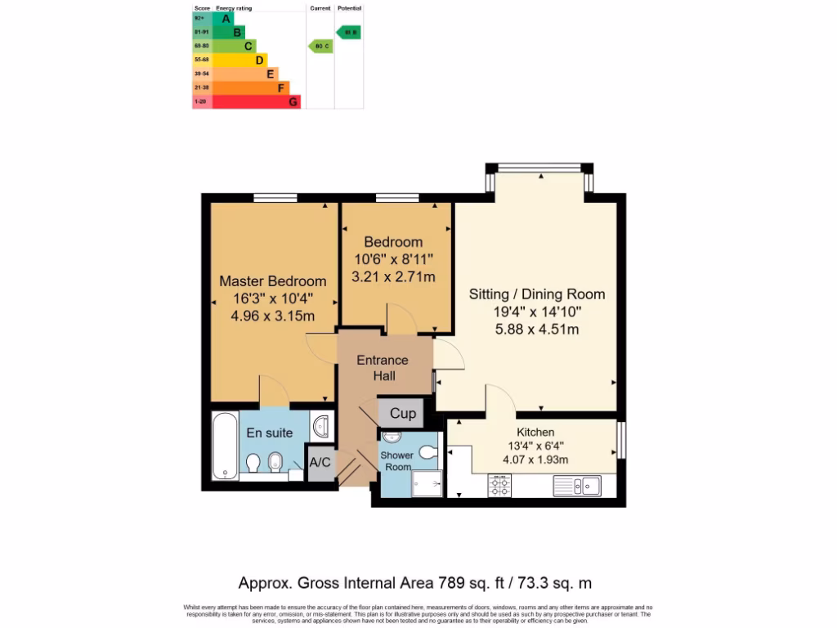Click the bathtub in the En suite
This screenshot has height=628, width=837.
(x=222, y=446)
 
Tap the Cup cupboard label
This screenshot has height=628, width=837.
(x=402, y=414)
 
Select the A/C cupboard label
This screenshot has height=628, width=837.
(x=320, y=463)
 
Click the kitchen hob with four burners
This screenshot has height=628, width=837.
(x=499, y=487)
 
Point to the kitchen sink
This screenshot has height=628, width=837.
(x=576, y=487)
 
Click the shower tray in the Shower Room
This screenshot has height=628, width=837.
(x=424, y=482)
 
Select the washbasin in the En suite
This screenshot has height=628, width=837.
(x=321, y=425)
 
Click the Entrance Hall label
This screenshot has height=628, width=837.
(x=383, y=368)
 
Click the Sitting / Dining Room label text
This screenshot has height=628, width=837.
(x=536, y=294)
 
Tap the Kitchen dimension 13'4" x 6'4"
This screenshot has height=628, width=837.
(x=535, y=446)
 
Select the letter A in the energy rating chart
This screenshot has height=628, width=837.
(x=226, y=18)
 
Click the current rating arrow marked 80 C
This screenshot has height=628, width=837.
(x=320, y=47)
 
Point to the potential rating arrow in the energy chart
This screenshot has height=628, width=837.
(x=348, y=33)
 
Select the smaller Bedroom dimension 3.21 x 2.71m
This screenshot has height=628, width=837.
(x=393, y=277)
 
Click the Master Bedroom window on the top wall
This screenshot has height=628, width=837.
(x=275, y=197)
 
